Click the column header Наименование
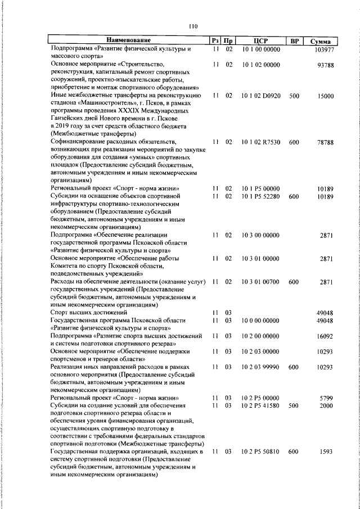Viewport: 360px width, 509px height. [x=129, y=40]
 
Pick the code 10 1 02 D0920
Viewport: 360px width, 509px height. [x=261, y=96]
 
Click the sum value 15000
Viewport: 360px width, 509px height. [x=326, y=96]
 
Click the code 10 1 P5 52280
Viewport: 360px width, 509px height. [x=260, y=196]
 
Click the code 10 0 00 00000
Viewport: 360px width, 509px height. [x=260, y=320]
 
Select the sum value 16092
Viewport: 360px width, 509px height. [x=326, y=336]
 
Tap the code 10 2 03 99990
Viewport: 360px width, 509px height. [x=260, y=367]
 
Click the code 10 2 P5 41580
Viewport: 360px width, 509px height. [x=260, y=406]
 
